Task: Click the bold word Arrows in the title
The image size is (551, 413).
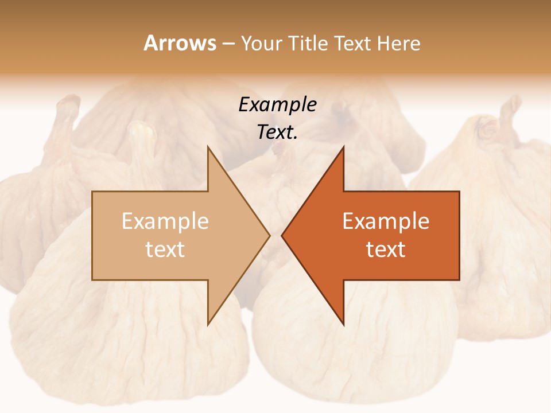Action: pyautogui.click(x=180, y=43)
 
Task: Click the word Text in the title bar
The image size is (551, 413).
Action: pyautogui.click(x=353, y=44)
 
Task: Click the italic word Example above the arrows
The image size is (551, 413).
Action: pyautogui.click(x=277, y=104)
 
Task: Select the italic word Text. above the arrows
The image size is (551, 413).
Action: pyautogui.click(x=277, y=132)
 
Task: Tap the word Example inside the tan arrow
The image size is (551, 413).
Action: pyautogui.click(x=165, y=221)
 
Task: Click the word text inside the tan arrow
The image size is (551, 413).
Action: pyautogui.click(x=165, y=250)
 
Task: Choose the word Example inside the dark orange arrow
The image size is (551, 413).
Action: pyautogui.click(x=386, y=221)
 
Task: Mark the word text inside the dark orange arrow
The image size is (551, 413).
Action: pyautogui.click(x=386, y=250)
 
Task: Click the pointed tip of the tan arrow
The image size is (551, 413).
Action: pyautogui.click(x=269, y=235)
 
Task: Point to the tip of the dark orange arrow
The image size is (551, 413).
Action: pyautogui.click(x=282, y=235)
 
